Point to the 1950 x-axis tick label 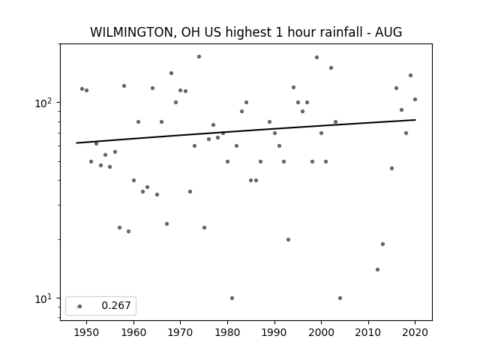tap(87, 332)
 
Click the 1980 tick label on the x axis tap(227, 332)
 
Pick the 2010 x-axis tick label tap(368, 332)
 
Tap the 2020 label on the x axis tap(415, 332)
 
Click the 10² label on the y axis tap(43, 103)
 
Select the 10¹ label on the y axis tap(43, 298)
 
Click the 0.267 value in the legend tap(116, 305)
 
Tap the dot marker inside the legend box tap(79, 307)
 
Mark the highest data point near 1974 tap(199, 57)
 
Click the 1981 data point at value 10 tap(232, 298)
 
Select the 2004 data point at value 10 tap(340, 298)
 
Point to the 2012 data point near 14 tap(378, 270)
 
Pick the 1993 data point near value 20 tap(288, 240)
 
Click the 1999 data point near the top tap(316, 58)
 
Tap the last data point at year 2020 tap(415, 100)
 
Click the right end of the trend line tap(415, 120)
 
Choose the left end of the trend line tap(76, 143)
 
